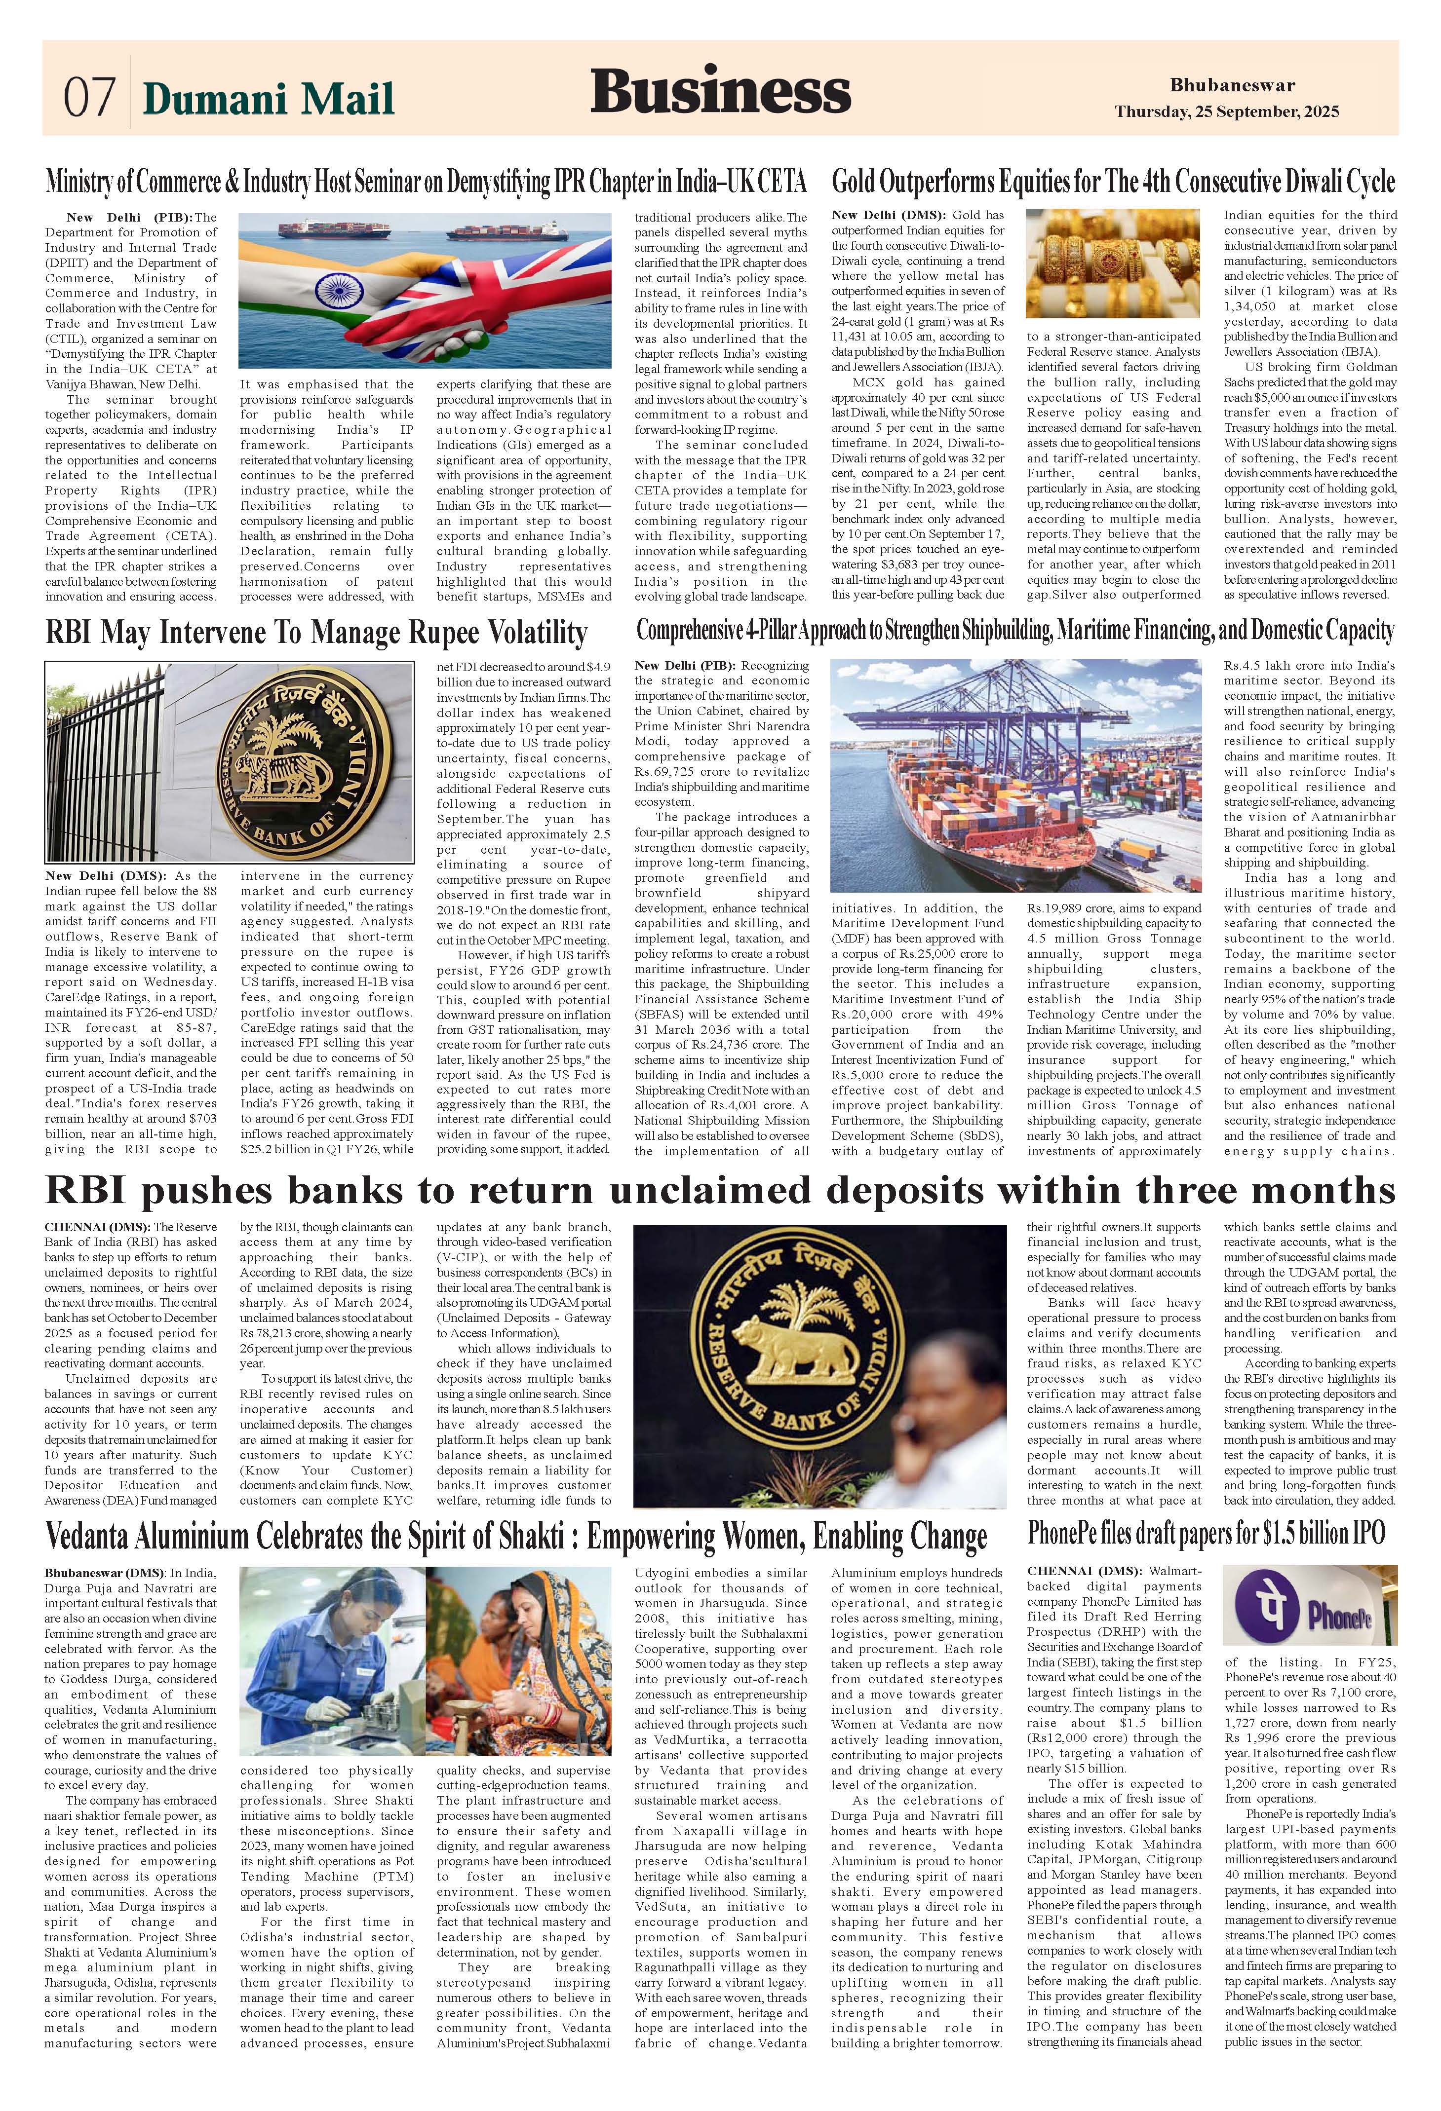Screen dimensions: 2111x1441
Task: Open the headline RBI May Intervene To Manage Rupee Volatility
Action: click(316, 632)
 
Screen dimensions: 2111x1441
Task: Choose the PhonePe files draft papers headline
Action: click(1206, 1533)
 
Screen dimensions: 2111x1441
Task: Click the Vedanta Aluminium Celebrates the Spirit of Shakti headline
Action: click(515, 1537)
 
